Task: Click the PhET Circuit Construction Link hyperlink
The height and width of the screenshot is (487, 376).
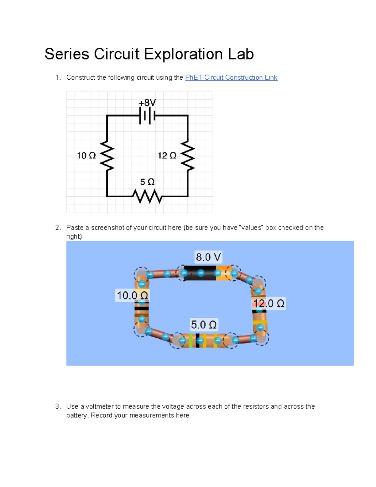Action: pyautogui.click(x=231, y=77)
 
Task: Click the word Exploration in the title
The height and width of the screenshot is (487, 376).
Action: pyautogui.click(x=184, y=54)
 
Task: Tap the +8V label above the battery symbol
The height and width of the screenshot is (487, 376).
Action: pyautogui.click(x=147, y=103)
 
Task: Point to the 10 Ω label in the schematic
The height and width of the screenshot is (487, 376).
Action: pyautogui.click(x=86, y=156)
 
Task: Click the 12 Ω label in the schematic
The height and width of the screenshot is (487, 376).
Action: pyautogui.click(x=167, y=156)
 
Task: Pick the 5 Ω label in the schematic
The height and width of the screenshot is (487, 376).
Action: pyautogui.click(x=147, y=182)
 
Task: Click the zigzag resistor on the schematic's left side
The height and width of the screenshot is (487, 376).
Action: pyautogui.click(x=107, y=156)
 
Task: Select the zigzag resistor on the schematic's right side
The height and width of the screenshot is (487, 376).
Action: pyautogui.click(x=188, y=156)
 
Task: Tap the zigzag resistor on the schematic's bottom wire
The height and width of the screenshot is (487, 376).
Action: pyautogui.click(x=147, y=196)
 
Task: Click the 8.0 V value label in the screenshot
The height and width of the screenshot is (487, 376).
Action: pyautogui.click(x=208, y=257)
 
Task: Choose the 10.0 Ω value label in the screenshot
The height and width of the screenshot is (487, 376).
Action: pyautogui.click(x=132, y=295)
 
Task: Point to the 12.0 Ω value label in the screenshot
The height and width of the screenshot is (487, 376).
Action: pyautogui.click(x=269, y=303)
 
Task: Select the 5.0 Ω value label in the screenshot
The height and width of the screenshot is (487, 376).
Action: pyautogui.click(x=204, y=325)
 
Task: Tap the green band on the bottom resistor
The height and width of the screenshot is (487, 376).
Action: pyautogui.click(x=191, y=341)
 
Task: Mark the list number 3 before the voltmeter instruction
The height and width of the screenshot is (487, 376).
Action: pyautogui.click(x=57, y=406)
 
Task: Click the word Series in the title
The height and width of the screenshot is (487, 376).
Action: pyautogui.click(x=67, y=54)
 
